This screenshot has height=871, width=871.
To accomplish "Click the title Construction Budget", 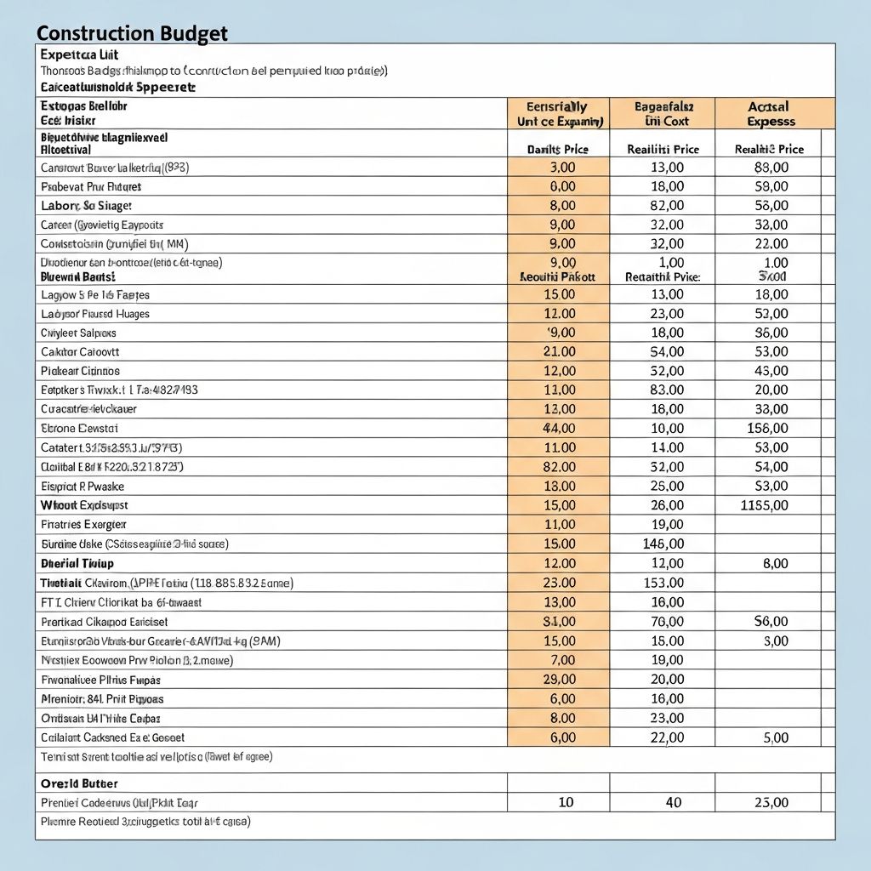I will click(x=132, y=33).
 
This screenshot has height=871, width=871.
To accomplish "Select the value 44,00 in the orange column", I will click(x=558, y=428).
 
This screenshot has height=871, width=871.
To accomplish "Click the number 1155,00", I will click(x=764, y=505).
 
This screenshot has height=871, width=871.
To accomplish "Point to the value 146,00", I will click(x=663, y=544).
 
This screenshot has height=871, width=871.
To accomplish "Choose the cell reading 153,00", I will click(x=663, y=583).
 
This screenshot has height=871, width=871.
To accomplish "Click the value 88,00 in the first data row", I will click(x=771, y=168).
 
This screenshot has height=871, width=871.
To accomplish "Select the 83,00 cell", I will click(x=666, y=390).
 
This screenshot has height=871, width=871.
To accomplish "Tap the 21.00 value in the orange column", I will click(x=558, y=351).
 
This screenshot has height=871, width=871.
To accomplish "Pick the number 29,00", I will click(x=558, y=680).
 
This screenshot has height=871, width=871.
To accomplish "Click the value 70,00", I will click(x=666, y=621).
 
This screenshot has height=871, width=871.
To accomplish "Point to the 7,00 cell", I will click(x=562, y=660).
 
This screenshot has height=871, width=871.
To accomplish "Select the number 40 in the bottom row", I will click(x=673, y=802).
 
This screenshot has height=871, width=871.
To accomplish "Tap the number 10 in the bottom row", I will click(x=566, y=802).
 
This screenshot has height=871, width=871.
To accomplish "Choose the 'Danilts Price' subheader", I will click(x=557, y=149).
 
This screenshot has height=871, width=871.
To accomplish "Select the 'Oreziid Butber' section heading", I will click(x=79, y=783).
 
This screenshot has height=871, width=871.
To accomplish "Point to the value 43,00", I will click(x=771, y=371).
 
